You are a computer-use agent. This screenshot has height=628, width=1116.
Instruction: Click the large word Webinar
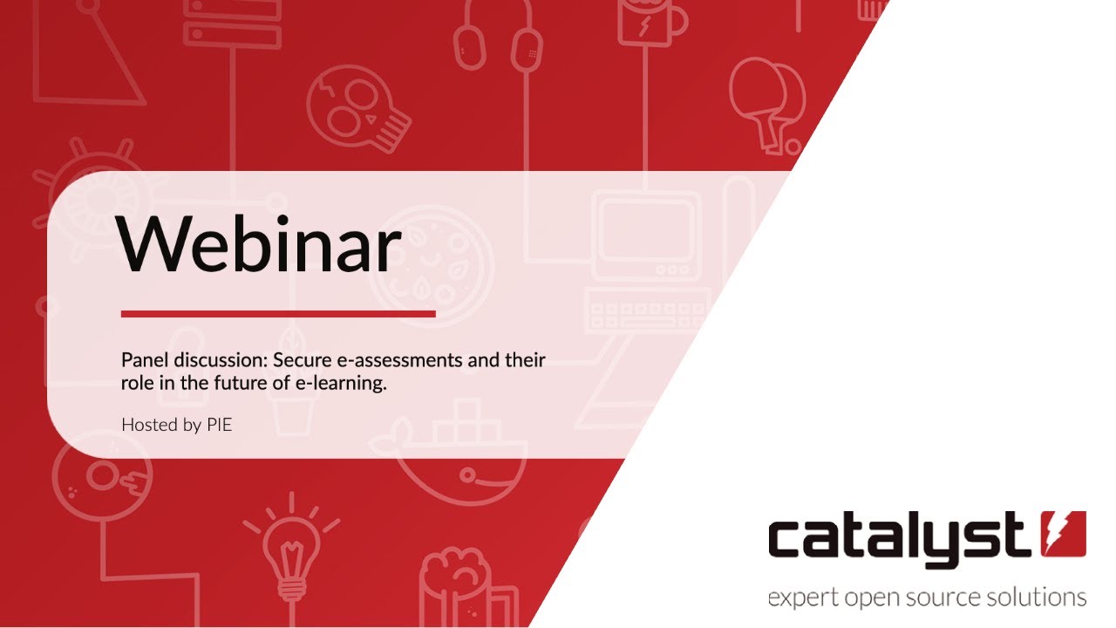[260, 242]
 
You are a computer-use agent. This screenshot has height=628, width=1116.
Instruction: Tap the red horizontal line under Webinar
[277, 313]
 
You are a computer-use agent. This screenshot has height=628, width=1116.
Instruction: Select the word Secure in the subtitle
[305, 360]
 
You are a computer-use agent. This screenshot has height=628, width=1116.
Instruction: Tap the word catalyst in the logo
[898, 537]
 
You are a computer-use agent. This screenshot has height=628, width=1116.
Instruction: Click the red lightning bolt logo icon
[1064, 534]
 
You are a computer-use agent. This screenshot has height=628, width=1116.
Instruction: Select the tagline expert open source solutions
[927, 598]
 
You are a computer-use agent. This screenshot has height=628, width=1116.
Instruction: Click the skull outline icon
[357, 109]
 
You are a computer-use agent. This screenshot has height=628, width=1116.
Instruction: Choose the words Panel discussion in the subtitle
[194, 360]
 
